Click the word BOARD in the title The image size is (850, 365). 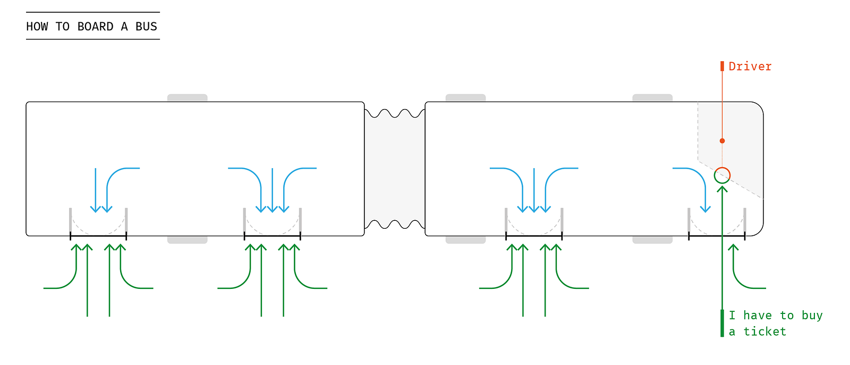[x=95, y=27]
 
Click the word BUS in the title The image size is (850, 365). [x=146, y=27]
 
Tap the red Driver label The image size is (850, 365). [x=750, y=67]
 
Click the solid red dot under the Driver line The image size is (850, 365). [x=722, y=141]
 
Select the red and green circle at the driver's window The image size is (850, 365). [x=722, y=175]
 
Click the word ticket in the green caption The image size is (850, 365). [x=764, y=331]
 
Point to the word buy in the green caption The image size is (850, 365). [x=812, y=316]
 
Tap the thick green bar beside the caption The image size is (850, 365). [x=722, y=323]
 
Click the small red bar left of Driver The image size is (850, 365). [x=722, y=66]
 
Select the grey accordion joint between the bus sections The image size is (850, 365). [x=395, y=169]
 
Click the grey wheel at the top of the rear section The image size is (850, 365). [x=188, y=98]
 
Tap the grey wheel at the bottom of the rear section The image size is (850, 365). [x=188, y=240]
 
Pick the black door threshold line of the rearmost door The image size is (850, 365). [x=98, y=236]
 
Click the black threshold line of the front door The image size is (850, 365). [x=717, y=236]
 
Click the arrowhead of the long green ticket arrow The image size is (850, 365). [x=722, y=189]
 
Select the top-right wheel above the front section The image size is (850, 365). [x=652, y=98]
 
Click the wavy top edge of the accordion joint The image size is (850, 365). [x=395, y=113]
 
